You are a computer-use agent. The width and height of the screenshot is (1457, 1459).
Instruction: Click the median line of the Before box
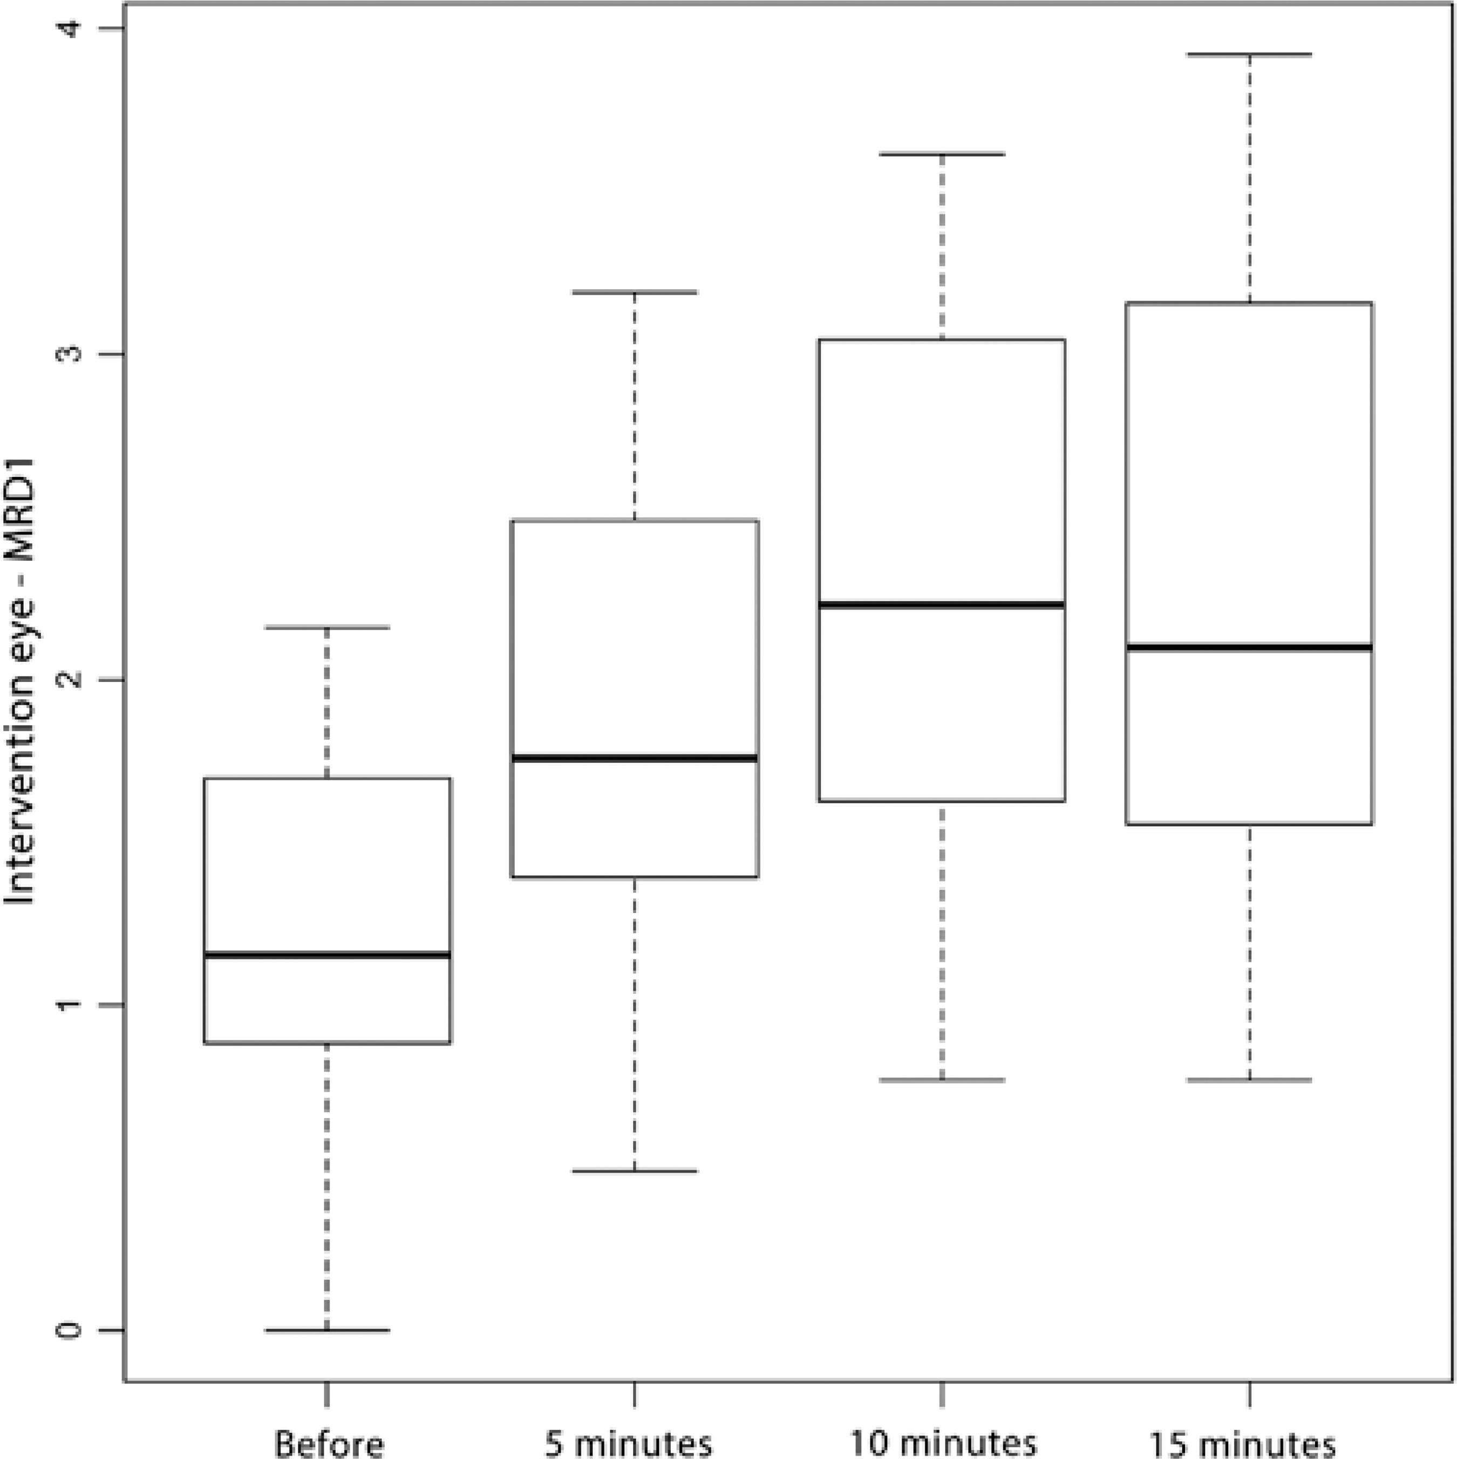point(327,955)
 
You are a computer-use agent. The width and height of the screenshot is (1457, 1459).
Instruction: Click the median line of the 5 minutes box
point(635,758)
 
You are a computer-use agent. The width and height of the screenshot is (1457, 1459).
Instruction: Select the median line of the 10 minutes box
point(942,604)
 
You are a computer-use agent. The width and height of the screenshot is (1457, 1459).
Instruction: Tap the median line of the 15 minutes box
point(1249,647)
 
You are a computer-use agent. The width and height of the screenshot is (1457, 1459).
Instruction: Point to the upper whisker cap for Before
point(327,627)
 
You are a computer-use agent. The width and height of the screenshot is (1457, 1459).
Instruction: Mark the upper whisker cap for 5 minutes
point(635,291)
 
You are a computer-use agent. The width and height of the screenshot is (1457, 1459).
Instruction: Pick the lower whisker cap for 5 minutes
point(635,1170)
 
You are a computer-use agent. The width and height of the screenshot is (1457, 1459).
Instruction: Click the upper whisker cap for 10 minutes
point(942,153)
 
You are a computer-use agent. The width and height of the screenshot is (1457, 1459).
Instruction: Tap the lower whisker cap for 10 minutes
point(942,1080)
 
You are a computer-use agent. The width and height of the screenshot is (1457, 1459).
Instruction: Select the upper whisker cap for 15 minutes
point(1249,54)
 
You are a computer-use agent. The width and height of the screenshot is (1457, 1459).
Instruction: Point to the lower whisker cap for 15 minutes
point(1249,1080)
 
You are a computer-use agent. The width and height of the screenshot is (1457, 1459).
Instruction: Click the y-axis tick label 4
point(70,29)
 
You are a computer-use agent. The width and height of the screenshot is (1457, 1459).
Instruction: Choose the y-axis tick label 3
point(70,354)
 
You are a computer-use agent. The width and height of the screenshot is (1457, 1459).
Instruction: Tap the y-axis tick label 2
point(70,680)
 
